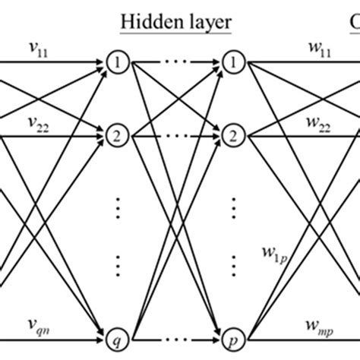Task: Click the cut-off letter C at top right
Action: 354,21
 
